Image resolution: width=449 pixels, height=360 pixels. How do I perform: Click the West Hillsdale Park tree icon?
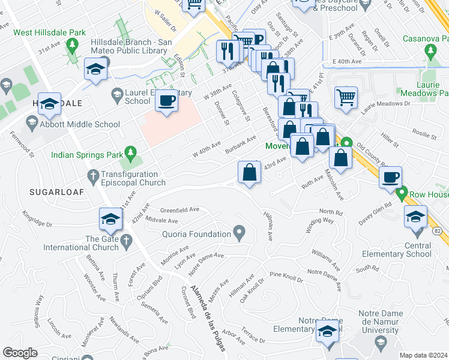(x=72, y=44)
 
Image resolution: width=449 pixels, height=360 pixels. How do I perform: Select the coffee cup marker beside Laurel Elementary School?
(x=166, y=101)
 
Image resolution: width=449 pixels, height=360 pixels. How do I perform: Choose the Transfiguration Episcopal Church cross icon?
(x=92, y=175)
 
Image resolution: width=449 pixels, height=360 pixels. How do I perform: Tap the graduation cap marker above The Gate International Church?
(x=111, y=220)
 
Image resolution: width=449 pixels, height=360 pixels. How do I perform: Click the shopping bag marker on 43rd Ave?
(x=249, y=173)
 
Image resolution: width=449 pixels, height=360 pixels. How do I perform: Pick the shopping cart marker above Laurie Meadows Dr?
(x=346, y=97)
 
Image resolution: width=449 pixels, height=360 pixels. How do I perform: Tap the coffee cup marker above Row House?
(x=390, y=177)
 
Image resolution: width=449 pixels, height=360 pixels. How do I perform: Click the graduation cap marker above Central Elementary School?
(x=416, y=217)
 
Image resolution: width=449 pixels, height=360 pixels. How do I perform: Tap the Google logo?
(x=19, y=353)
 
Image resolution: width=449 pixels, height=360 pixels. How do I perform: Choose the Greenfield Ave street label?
(x=179, y=210)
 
